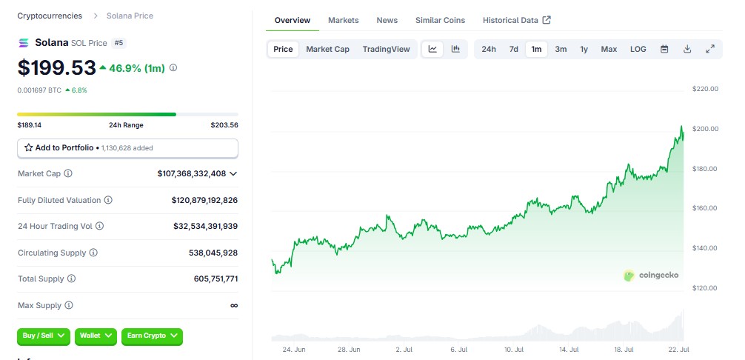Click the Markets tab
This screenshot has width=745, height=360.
[343, 21]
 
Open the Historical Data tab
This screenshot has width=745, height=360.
[516, 21]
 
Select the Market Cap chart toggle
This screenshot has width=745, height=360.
[327, 50]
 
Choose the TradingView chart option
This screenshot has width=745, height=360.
[386, 50]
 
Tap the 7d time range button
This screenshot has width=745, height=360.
[514, 50]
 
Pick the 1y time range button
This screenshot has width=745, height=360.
[584, 50]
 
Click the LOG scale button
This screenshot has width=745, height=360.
[638, 50]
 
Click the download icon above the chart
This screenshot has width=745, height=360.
[687, 49]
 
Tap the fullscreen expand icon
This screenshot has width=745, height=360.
[710, 49]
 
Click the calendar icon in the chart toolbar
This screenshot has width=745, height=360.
[665, 49]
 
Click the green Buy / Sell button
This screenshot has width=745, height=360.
[44, 336]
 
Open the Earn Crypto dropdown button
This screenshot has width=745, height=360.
[152, 336]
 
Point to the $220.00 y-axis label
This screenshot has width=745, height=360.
[705, 89]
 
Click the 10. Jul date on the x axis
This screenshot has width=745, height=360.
[514, 350]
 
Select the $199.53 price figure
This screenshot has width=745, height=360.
[57, 68]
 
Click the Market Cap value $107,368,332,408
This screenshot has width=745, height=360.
[192, 174]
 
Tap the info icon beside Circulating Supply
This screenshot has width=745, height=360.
[93, 253]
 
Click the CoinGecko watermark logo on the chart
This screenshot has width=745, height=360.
[651, 276]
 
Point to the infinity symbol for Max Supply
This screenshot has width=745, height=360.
[234, 305]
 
